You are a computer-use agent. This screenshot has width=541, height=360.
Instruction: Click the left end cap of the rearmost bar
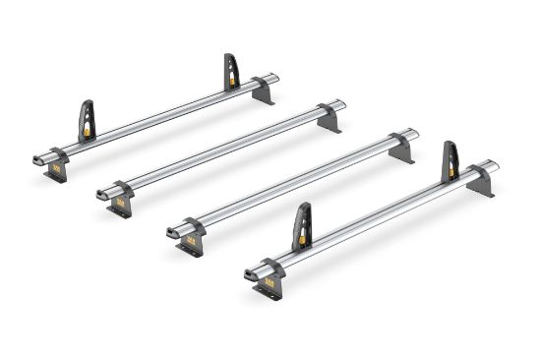click(38, 158)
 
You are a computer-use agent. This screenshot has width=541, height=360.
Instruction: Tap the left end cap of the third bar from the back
click(173, 230)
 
